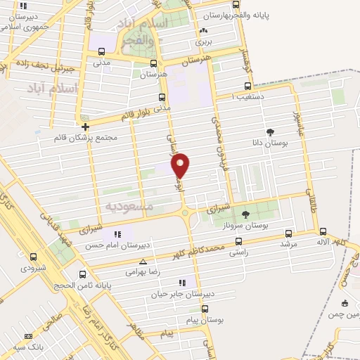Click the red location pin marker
pyautogui.click(x=181, y=166)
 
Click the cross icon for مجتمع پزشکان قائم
pyautogui.click(x=86, y=127)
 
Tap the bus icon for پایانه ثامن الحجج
pyautogui.click(x=83, y=274)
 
